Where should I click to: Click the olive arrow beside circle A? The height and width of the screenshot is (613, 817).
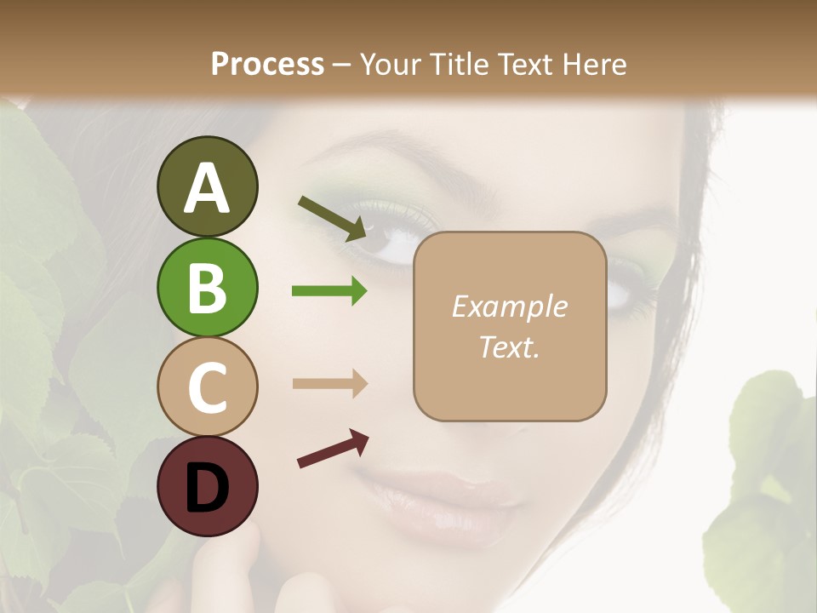pyautogui.click(x=332, y=218)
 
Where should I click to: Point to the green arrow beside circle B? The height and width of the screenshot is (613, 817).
pyautogui.click(x=329, y=291)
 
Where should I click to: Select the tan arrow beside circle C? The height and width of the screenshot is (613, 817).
pyautogui.click(x=329, y=383)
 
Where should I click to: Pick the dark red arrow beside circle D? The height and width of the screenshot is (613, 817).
pyautogui.click(x=333, y=449)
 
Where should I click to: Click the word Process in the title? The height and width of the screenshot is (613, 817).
pyautogui.click(x=267, y=65)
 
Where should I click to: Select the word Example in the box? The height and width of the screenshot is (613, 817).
pyautogui.click(x=510, y=306)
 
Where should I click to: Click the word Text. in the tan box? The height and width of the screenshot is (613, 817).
pyautogui.click(x=510, y=347)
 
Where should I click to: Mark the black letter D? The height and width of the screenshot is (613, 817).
pyautogui.click(x=207, y=487)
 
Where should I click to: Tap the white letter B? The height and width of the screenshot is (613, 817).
pyautogui.click(x=207, y=288)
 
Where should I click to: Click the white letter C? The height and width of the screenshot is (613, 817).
pyautogui.click(x=207, y=387)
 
